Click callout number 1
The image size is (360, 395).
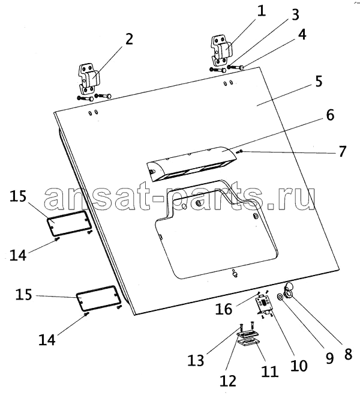261,11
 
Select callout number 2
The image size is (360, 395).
128,39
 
